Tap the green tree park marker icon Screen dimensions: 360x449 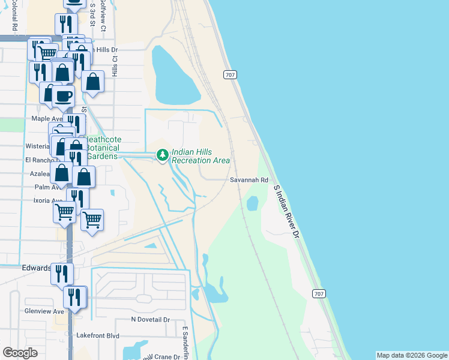point(162,155)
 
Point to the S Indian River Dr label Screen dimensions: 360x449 point(286,212)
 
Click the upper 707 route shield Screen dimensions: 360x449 point(230,75)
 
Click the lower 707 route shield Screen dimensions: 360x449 point(319,293)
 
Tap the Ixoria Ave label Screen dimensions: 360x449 point(48,201)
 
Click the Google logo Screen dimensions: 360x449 point(20,353)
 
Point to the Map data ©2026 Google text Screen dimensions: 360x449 point(411,355)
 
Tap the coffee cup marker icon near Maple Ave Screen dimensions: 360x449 point(63,96)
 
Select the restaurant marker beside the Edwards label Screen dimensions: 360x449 point(62,274)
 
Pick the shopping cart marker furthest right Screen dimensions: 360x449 point(92,220)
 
